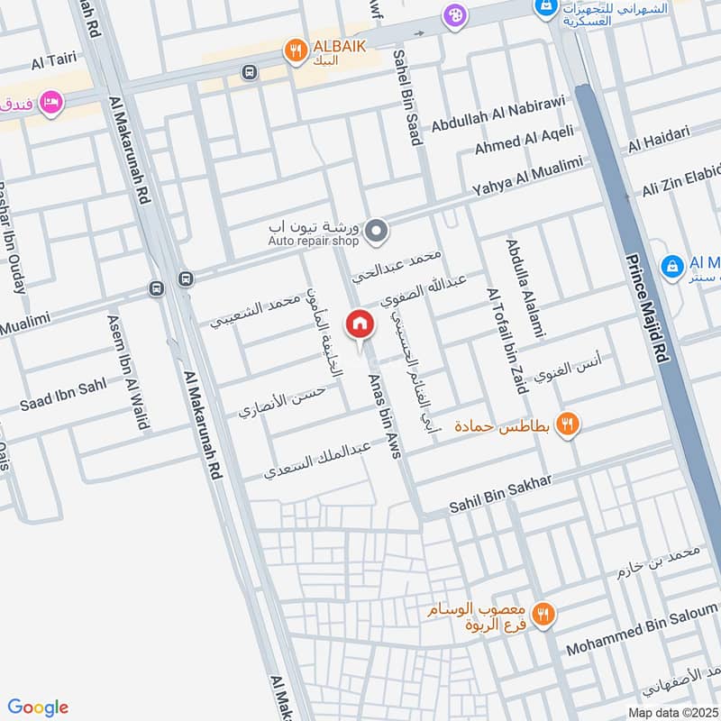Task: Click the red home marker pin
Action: click(360, 324)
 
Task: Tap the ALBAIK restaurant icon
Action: click(295, 52)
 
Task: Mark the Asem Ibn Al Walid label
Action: click(127, 372)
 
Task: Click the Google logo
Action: click(38, 707)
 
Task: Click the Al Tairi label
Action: click(50, 63)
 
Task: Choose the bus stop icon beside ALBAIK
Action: click(250, 71)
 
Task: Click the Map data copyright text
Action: click(671, 712)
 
